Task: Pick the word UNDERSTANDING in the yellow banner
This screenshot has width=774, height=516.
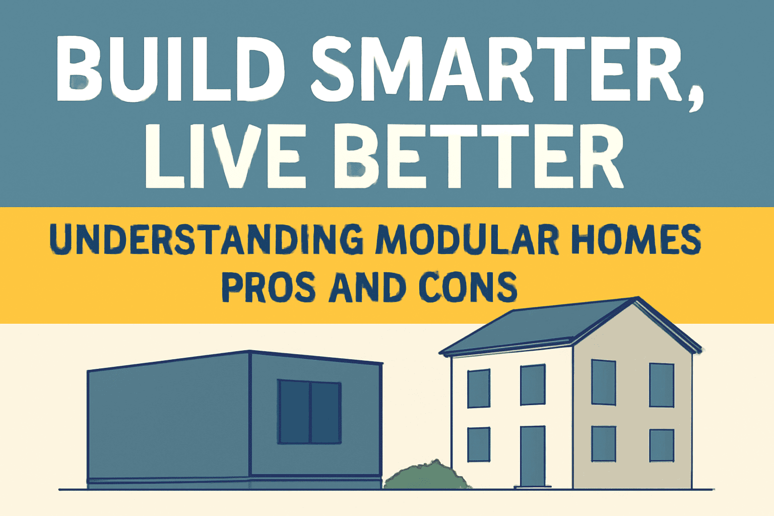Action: point(206,240)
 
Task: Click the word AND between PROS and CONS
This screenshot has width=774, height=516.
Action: point(368,287)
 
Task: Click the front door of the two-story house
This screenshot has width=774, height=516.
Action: point(533,457)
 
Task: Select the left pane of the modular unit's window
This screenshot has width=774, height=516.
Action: point(294,412)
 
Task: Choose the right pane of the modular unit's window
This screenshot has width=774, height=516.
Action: point(326,412)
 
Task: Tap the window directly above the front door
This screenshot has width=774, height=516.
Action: point(533,385)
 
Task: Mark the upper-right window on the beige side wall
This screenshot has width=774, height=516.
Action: point(662,385)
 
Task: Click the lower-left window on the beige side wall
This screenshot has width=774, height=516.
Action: point(604,444)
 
